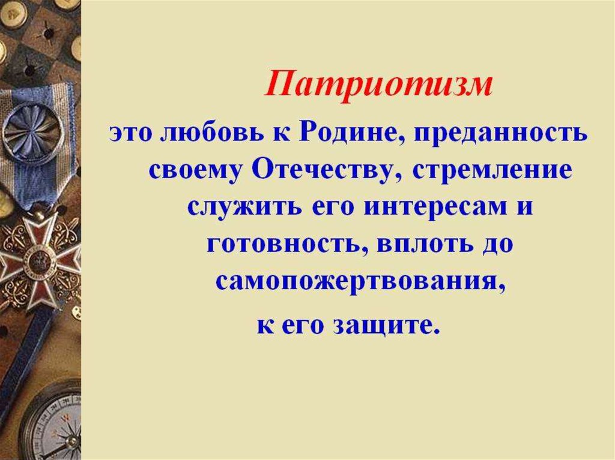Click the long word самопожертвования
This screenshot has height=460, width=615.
point(357,282)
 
